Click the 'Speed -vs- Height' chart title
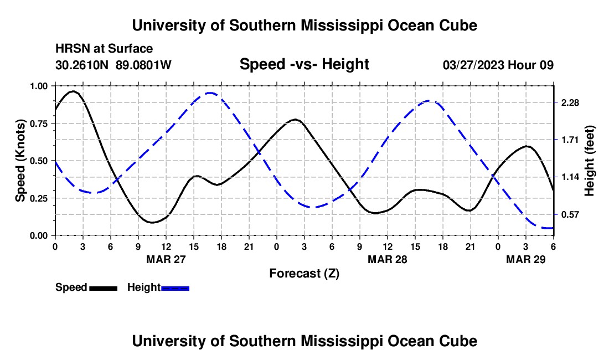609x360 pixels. [304, 64]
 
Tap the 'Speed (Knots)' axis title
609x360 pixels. [20, 161]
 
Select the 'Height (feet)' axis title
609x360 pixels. [589, 161]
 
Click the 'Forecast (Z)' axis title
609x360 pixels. [304, 273]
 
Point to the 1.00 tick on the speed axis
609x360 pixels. [39, 86]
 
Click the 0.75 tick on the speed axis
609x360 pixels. [39, 124]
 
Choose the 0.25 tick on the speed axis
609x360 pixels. [39, 198]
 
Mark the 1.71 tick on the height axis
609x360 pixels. [570, 140]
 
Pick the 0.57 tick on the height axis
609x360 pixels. [570, 214]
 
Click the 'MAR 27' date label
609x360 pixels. [166, 259]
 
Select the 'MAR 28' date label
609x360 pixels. [388, 259]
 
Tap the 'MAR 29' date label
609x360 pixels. [526, 259]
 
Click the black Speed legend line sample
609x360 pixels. [104, 288]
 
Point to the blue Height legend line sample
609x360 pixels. [176, 288]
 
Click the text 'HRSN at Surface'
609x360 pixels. [104, 49]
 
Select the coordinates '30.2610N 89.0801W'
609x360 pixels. [113, 65]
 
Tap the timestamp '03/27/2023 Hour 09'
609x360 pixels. [498, 65]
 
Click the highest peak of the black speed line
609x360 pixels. [73, 91]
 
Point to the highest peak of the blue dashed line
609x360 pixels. [209, 93]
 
